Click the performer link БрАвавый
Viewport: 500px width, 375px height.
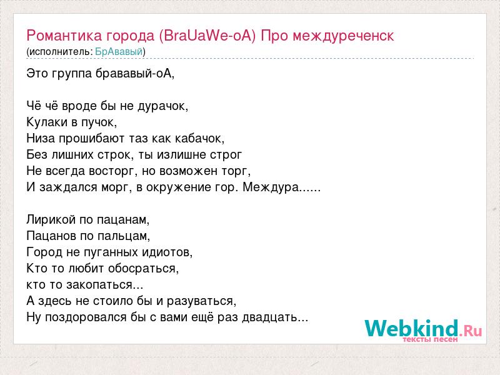point(119,51)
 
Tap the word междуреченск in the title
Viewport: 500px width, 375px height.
point(343,36)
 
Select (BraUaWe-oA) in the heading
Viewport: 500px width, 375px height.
point(207,36)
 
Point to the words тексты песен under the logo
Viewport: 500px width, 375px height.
point(430,339)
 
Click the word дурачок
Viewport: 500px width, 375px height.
point(163,106)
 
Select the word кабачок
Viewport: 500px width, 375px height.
point(199,138)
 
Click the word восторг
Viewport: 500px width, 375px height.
point(113,171)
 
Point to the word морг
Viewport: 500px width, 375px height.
point(116,187)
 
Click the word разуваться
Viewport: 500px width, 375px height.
point(201,301)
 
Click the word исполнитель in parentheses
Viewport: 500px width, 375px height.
point(60,52)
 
